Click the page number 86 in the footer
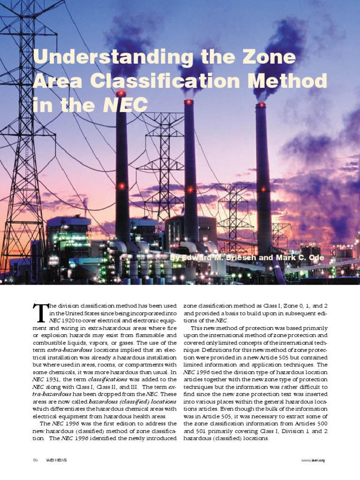pyautogui.click(x=35, y=460)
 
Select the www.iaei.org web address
pyautogui.click(x=313, y=460)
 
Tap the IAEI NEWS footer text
pyautogui.click(x=56, y=460)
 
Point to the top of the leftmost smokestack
pyautogui.click(x=121, y=93)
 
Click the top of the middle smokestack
pyautogui.click(x=189, y=102)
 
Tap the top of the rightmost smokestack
pyautogui.click(x=261, y=105)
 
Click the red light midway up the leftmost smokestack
pyautogui.click(x=122, y=186)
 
